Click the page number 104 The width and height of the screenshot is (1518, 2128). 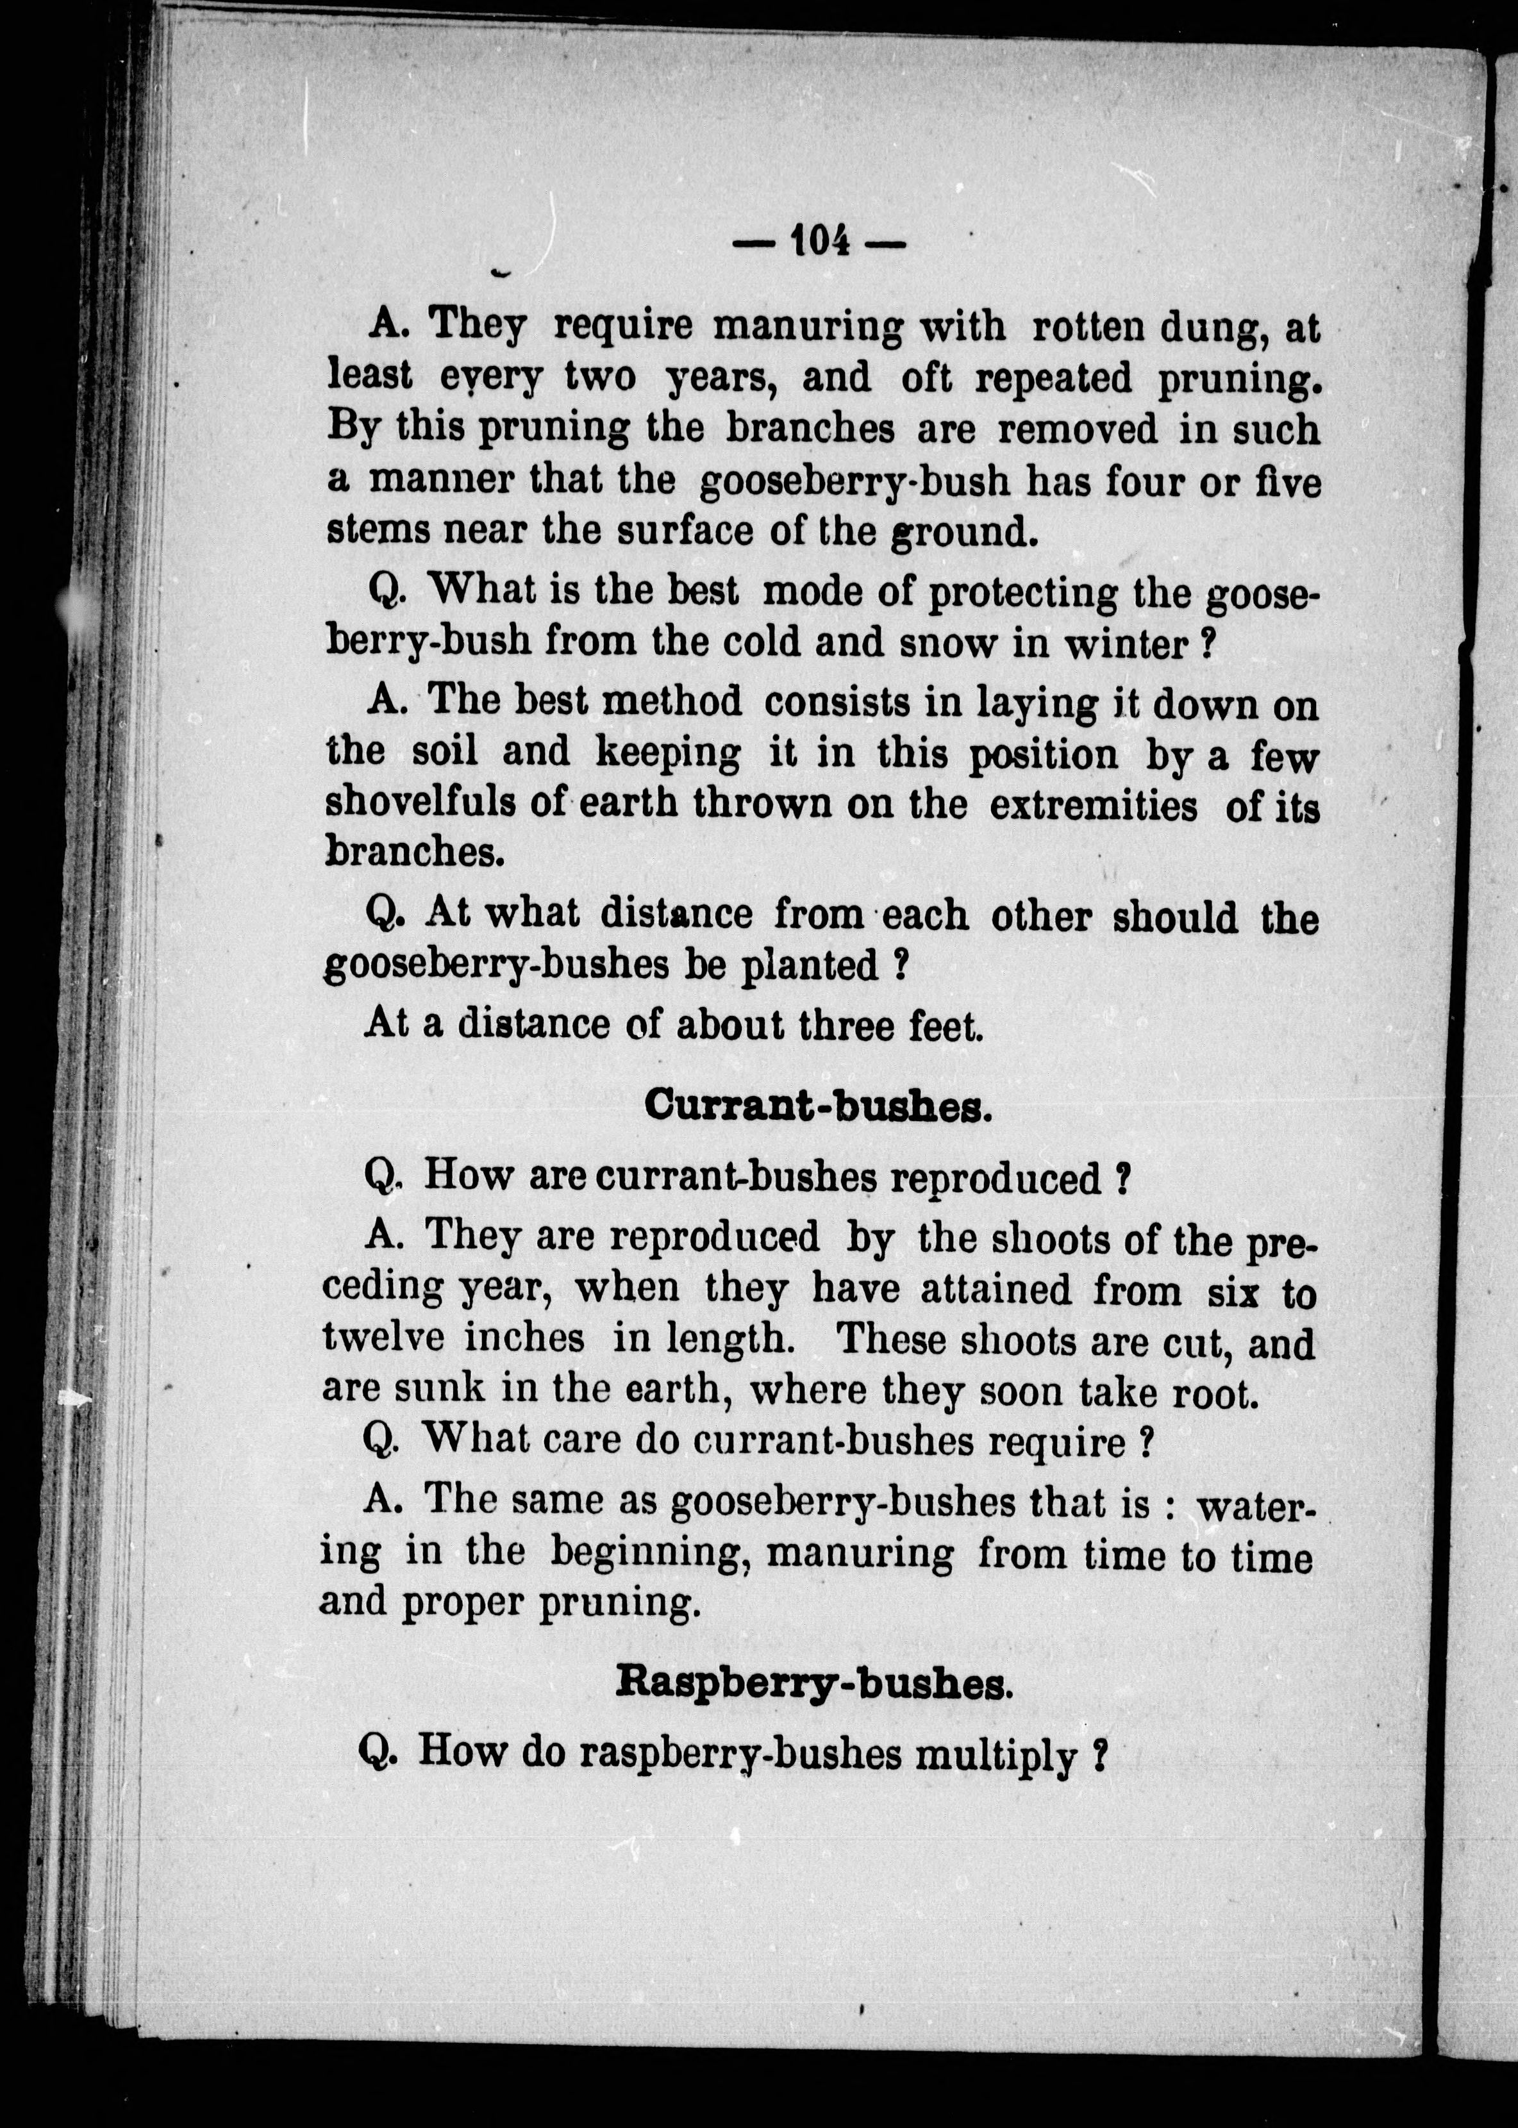pyautogui.click(x=820, y=242)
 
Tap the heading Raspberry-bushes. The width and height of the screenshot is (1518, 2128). pyautogui.click(x=814, y=1683)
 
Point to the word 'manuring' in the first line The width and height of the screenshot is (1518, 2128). pyautogui.click(x=808, y=328)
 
